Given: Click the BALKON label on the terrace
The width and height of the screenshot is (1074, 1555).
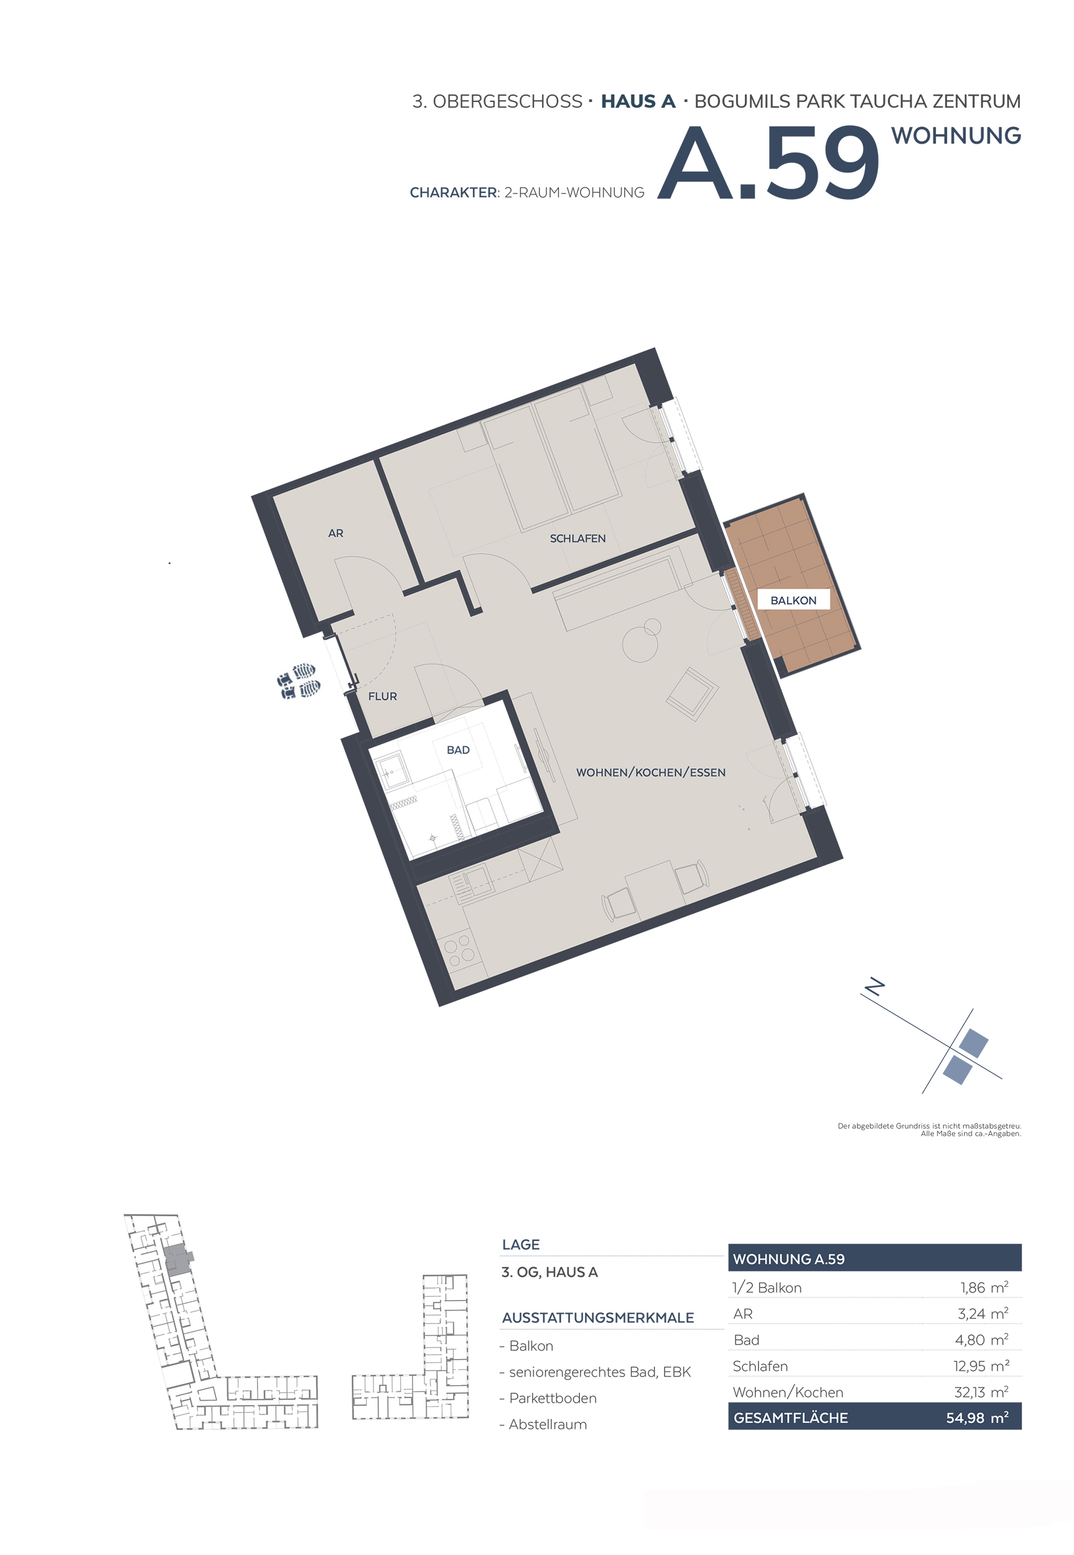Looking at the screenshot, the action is [793, 600].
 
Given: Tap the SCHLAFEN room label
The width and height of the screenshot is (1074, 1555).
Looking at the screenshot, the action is [577, 538].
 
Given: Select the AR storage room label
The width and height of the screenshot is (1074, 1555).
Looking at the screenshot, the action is [336, 532].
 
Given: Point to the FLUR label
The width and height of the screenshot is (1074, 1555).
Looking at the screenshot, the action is [382, 696].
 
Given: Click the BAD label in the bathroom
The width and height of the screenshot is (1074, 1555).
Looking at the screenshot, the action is [458, 750].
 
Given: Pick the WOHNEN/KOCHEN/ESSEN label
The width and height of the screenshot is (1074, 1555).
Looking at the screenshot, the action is [651, 772].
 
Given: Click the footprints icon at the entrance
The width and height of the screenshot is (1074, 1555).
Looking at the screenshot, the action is [298, 680].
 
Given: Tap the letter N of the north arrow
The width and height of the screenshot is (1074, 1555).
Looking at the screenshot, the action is [874, 986].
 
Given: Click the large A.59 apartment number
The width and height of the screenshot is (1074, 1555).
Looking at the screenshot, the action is [768, 163].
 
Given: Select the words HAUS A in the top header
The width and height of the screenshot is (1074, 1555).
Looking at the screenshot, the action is [638, 101].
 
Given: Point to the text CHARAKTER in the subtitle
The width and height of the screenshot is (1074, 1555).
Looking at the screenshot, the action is [453, 193].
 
